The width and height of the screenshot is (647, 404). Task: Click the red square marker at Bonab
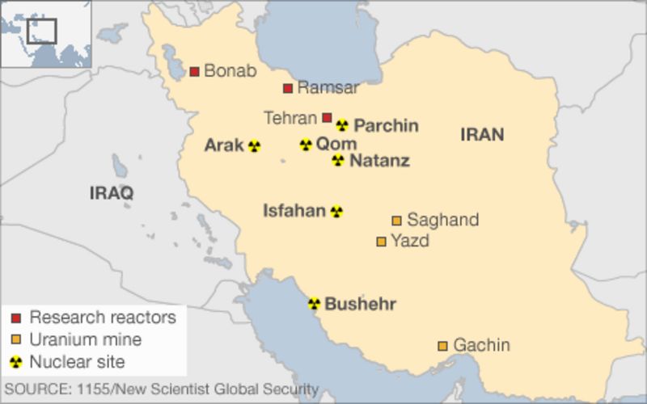tap(194, 72)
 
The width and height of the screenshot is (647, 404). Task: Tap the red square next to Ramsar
tap(288, 88)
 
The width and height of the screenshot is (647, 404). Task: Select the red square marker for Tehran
tap(327, 118)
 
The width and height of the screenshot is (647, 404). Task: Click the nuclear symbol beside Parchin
tap(342, 125)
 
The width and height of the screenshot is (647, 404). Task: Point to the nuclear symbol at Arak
tap(254, 146)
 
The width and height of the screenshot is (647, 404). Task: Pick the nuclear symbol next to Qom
tap(306, 145)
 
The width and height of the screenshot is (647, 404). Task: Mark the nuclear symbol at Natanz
tap(338, 160)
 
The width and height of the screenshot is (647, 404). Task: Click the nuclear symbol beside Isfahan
tap(336, 212)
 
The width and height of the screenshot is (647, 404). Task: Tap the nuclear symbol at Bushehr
tap(314, 304)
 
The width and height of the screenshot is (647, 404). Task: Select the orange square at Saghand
tap(396, 221)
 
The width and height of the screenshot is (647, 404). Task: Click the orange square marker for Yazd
tap(381, 241)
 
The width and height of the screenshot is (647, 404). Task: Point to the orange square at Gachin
tap(442, 346)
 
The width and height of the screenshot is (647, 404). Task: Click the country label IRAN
tap(482, 135)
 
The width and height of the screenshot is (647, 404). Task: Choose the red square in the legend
tap(15, 318)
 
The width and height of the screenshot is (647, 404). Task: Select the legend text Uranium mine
tap(85, 339)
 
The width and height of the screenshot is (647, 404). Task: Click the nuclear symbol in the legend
tap(15, 361)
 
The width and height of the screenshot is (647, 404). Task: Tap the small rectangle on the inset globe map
tap(41, 31)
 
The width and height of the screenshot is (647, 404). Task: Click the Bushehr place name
tap(360, 305)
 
